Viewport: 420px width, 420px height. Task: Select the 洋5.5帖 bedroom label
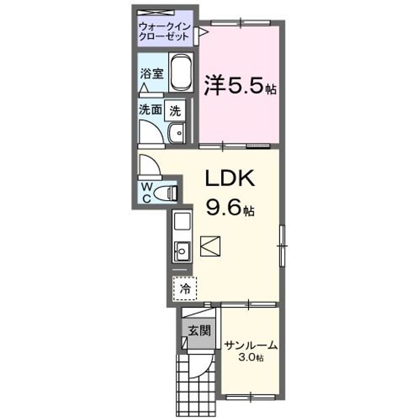239,89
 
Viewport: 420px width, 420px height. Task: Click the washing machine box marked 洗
175,110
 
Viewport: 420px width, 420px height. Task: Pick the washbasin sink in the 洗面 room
176,134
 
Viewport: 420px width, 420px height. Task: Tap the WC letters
146,192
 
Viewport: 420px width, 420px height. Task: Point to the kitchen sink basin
181,252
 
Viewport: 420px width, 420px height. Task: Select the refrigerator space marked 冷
185,288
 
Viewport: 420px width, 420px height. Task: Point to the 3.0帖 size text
250,357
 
